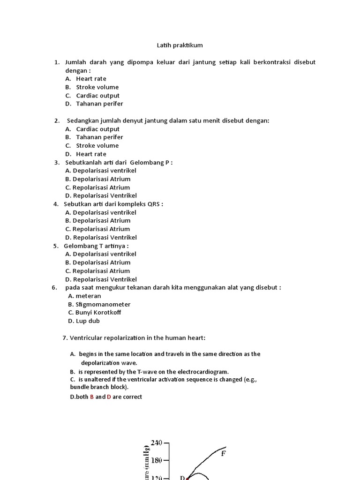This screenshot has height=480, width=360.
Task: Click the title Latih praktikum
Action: pos(180,45)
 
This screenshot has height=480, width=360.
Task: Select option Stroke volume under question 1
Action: pos(97,87)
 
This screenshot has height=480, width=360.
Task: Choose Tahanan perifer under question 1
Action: pos(99,104)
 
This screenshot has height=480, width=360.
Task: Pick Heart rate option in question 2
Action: pos(91,154)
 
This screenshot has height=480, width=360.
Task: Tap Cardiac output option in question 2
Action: pos(97,129)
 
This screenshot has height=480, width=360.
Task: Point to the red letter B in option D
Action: pos(92,397)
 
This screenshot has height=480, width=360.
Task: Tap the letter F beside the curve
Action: pos(224,453)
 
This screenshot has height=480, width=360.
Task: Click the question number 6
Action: pos(54,287)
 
